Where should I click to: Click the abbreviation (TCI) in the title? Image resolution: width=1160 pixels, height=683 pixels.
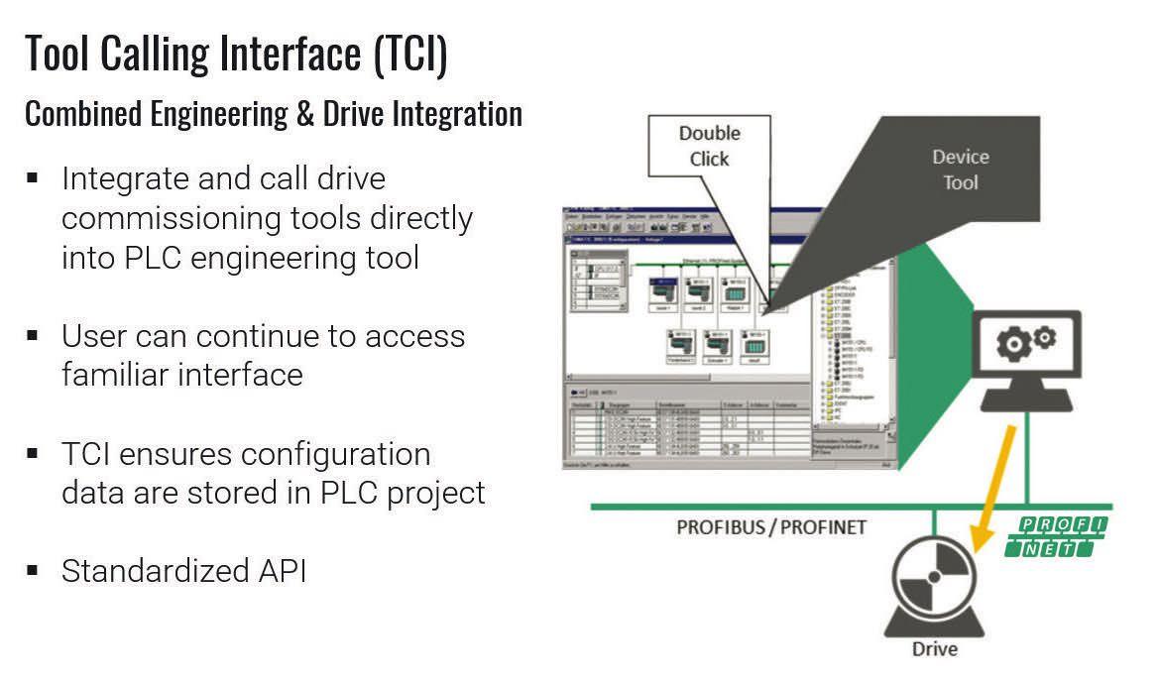pyautogui.click(x=411, y=54)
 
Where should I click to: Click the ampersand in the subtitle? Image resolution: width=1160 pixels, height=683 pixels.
pyautogui.click(x=305, y=114)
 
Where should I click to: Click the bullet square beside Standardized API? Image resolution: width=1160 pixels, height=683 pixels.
pyautogui.click(x=33, y=570)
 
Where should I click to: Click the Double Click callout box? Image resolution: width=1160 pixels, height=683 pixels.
pyautogui.click(x=709, y=147)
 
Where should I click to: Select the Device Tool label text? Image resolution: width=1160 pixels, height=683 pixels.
pyautogui.click(x=960, y=170)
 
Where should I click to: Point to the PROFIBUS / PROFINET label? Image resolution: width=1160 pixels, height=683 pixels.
pyautogui.click(x=771, y=526)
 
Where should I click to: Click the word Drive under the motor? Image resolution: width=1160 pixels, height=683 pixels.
pyautogui.click(x=934, y=649)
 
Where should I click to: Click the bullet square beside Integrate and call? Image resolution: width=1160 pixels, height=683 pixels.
pyautogui.click(x=33, y=178)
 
